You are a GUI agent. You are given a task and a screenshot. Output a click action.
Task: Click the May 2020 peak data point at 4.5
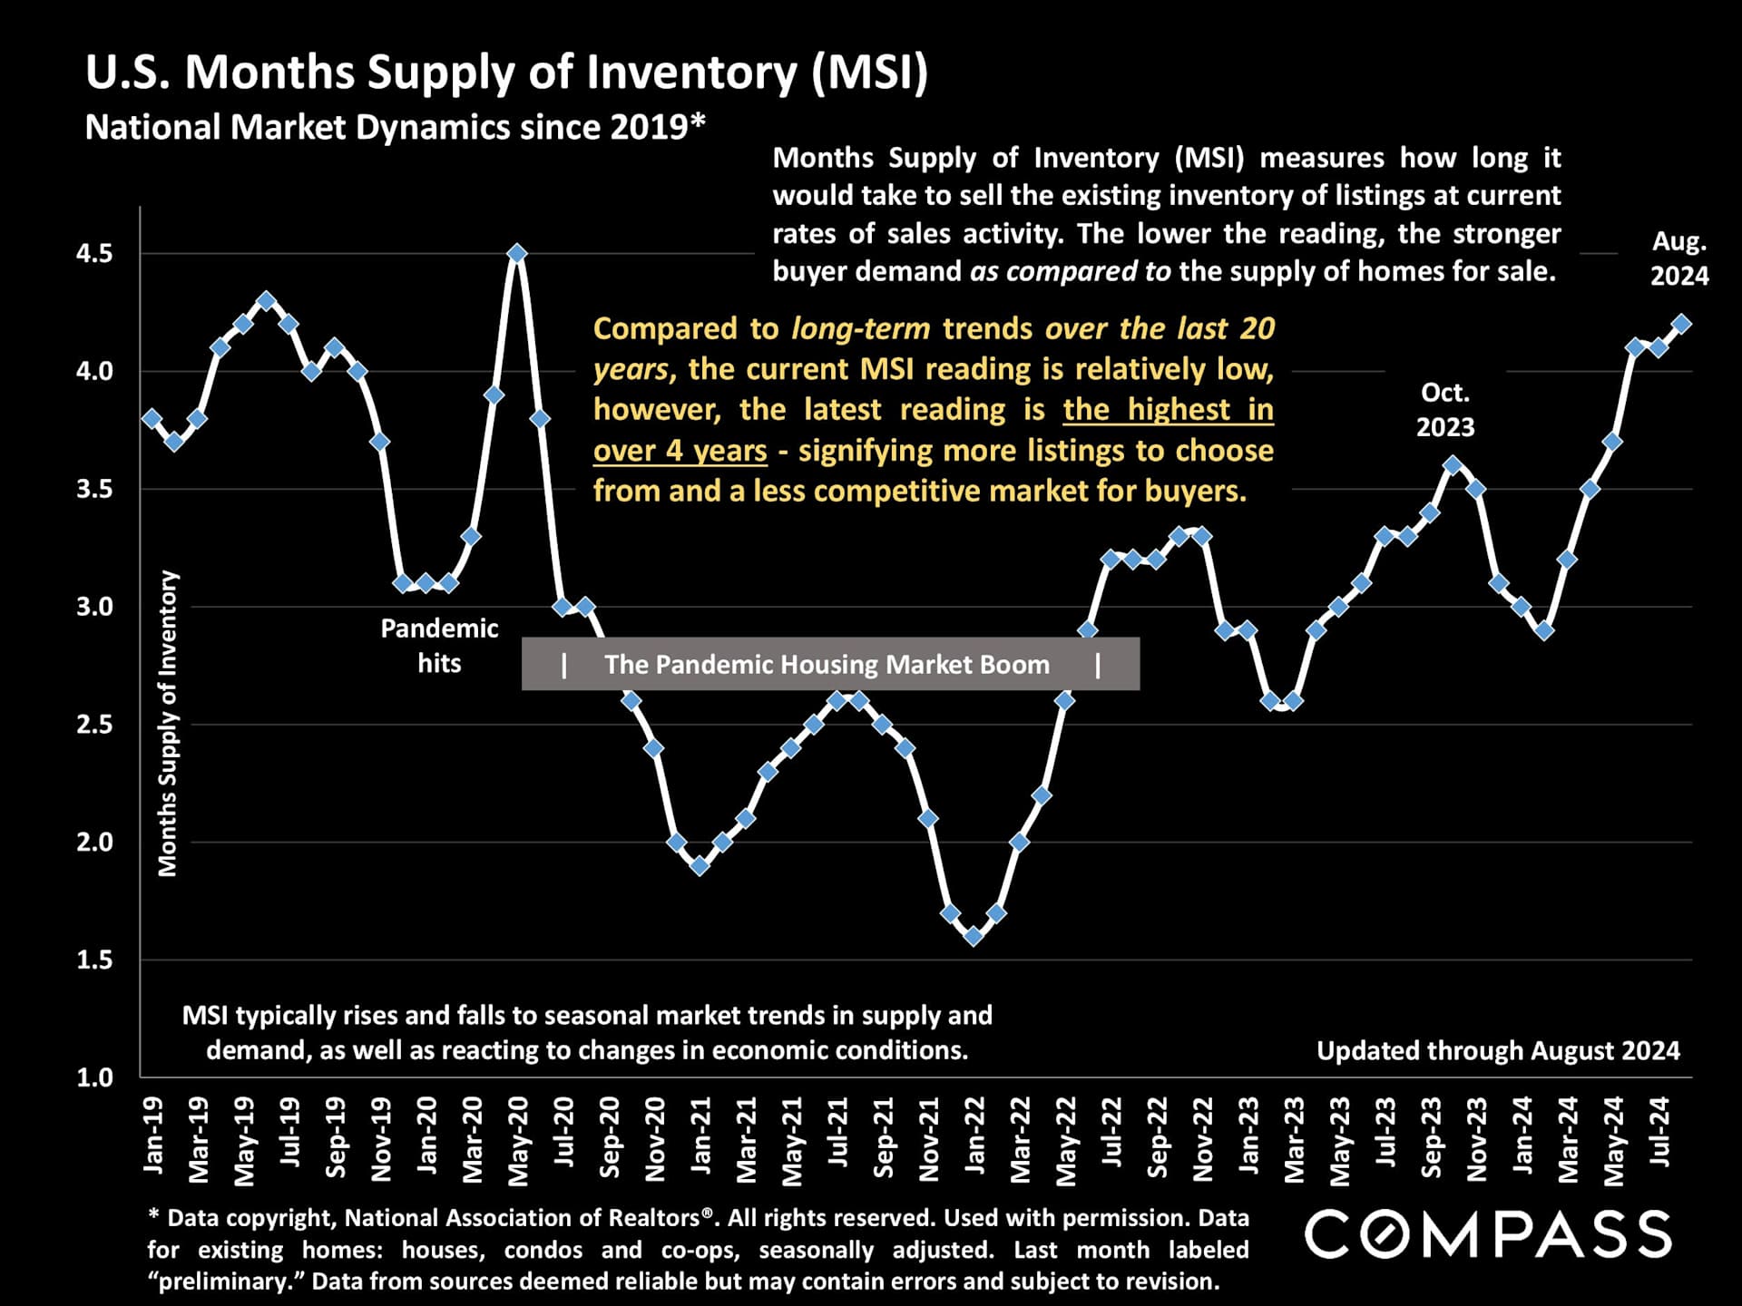(517, 253)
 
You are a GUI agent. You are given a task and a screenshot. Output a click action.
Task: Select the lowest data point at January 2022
(974, 936)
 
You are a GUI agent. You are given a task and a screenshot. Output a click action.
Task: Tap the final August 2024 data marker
(1680, 324)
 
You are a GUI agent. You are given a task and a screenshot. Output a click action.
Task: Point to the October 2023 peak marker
(1453, 465)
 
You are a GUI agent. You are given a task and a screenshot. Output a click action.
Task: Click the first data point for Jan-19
(152, 418)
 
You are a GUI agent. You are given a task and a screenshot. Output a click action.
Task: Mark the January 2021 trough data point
(700, 865)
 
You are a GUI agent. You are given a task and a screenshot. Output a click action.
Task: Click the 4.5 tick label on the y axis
(94, 254)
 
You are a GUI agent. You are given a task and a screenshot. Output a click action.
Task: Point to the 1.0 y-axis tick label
(94, 1077)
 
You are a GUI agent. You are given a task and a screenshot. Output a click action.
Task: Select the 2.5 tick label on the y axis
(94, 725)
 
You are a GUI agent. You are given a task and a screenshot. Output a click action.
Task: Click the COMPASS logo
(1488, 1234)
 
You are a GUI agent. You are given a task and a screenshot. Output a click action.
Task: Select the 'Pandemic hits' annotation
(439, 646)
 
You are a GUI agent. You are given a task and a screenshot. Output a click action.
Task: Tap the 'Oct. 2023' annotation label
(1445, 410)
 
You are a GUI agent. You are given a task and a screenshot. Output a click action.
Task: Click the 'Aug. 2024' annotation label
(1679, 258)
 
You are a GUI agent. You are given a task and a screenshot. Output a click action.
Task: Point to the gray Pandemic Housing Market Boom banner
(830, 664)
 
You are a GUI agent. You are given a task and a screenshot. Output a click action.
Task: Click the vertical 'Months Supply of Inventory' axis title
(168, 724)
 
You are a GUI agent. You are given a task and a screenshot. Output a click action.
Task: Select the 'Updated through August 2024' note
(1498, 1050)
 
